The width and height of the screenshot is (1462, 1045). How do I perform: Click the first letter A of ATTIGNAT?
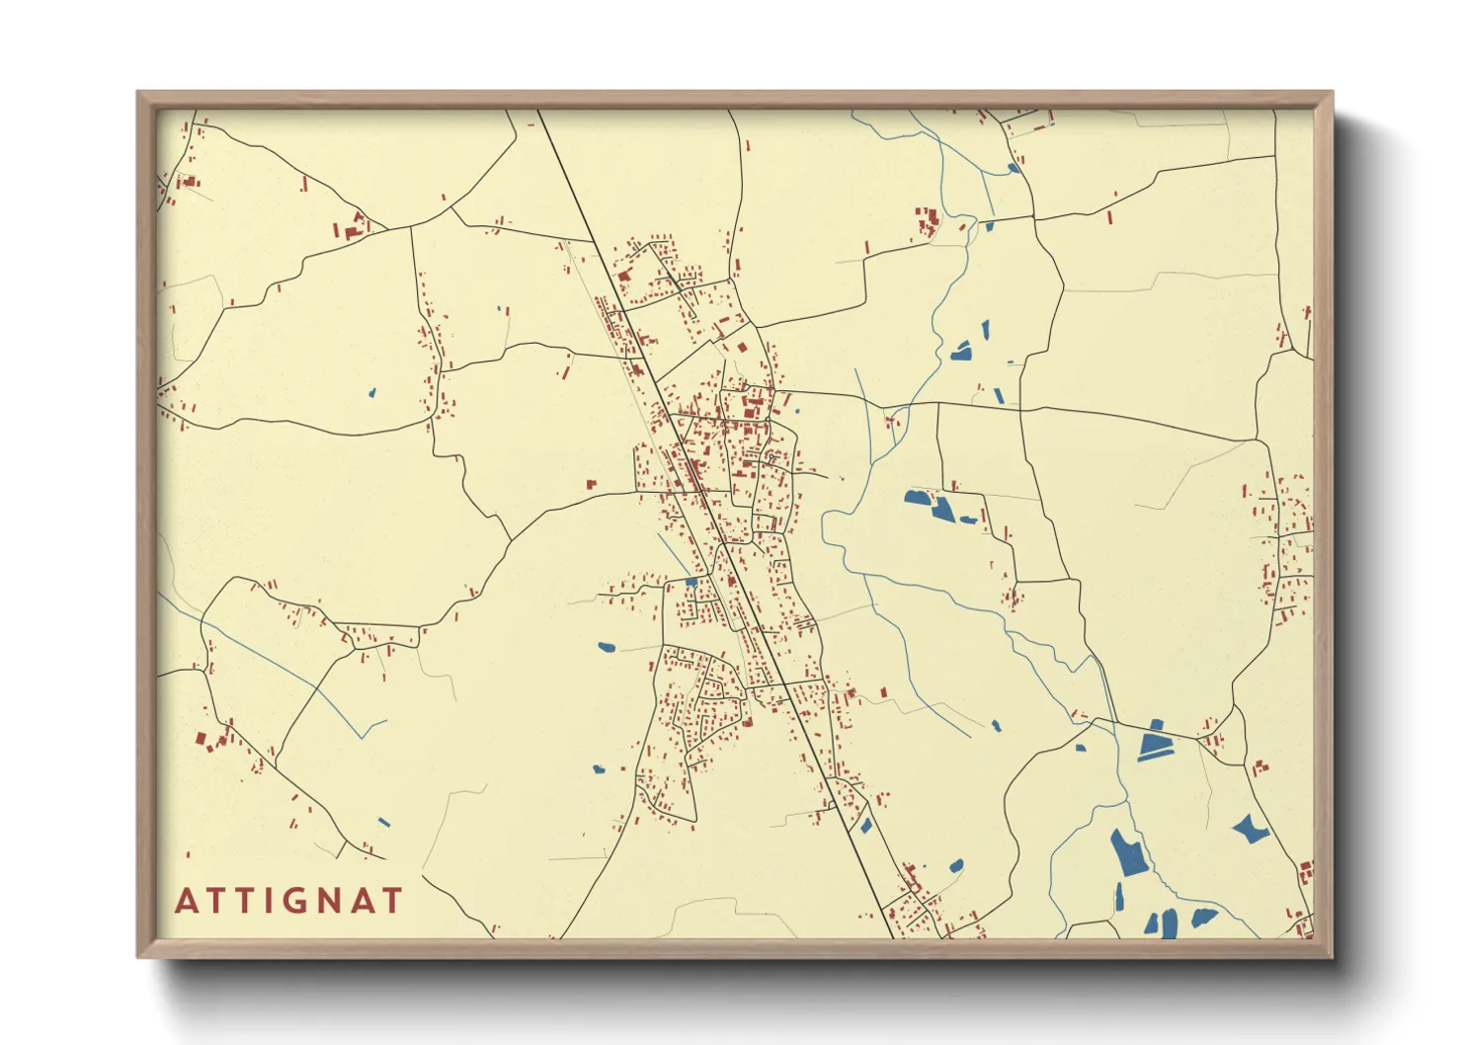185,901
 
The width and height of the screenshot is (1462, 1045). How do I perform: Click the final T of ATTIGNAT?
393,901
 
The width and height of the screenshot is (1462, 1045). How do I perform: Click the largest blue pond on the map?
1128,852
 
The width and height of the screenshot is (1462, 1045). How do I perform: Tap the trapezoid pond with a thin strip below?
1153,741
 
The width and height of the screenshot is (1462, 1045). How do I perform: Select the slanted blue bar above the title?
384,822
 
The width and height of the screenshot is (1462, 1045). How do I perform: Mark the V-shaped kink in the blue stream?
366,736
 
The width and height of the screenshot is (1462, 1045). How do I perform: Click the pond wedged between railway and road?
865,825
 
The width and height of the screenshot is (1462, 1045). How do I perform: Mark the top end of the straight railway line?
538,110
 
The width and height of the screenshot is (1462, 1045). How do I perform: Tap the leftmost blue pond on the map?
372,392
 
